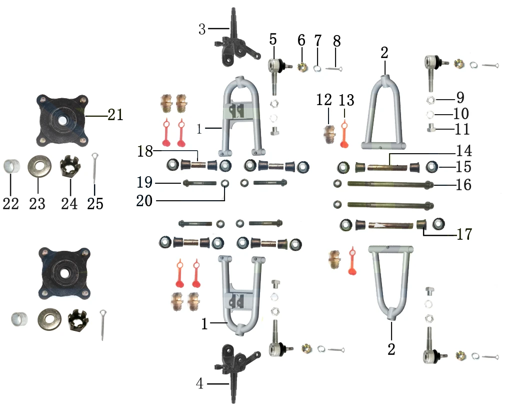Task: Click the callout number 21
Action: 115,115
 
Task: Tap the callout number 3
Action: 202,29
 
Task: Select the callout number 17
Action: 464,234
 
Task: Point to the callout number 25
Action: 95,204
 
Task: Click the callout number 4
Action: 199,383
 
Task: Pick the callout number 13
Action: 346,100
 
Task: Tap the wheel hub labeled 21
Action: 62,120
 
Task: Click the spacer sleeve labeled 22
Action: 11,166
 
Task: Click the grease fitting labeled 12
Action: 329,134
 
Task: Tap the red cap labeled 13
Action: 344,135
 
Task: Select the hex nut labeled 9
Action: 430,100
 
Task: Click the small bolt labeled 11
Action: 431,128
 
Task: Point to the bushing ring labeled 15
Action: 431,166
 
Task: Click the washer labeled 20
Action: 225,183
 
